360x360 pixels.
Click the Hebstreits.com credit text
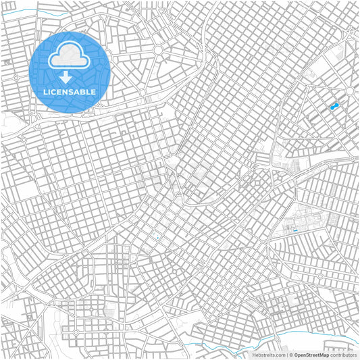pos(269,354)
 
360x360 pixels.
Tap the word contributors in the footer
pos(344,354)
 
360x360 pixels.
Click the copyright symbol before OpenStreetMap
pos(291,354)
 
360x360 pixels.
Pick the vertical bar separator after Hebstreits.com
pos(286,354)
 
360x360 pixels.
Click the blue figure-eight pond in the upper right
pos(334,107)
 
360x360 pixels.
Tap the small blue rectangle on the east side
pos(295,230)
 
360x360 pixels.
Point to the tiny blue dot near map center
pos(157,237)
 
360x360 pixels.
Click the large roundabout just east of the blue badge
pos(157,50)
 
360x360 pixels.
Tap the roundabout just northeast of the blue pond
pos(349,90)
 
